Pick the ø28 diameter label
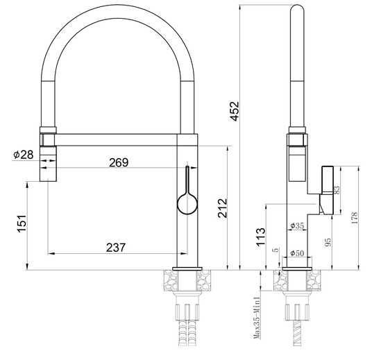pos(23,154)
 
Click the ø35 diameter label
pos(296,226)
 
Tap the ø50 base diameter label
pos(296,253)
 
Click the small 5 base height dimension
pos(276,250)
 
